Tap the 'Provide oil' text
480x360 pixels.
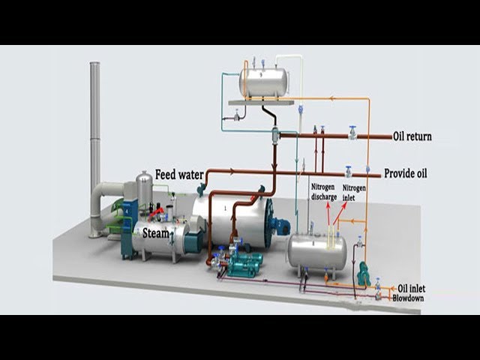(x=405, y=173)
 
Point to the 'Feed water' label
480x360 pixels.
(x=179, y=175)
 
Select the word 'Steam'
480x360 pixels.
(x=156, y=233)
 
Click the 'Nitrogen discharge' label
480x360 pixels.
(x=323, y=192)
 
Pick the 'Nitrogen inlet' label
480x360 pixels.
(x=354, y=192)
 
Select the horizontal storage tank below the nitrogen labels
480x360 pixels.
(x=317, y=253)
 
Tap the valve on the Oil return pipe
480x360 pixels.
(x=352, y=133)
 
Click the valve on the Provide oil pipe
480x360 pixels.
(x=348, y=172)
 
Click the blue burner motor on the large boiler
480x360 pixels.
(x=282, y=224)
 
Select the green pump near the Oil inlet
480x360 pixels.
(x=364, y=275)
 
